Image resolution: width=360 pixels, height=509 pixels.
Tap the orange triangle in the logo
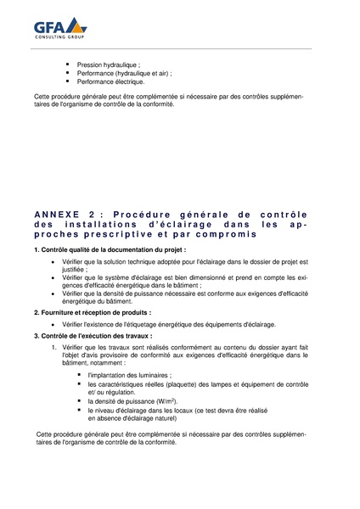pyautogui.click(x=77, y=25)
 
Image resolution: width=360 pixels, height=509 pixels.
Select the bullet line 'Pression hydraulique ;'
pyautogui.click(x=109, y=64)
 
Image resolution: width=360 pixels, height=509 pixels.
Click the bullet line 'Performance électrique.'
pyautogui.click(x=110, y=82)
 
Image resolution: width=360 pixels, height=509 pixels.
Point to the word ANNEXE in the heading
pyautogui.click(x=59, y=214)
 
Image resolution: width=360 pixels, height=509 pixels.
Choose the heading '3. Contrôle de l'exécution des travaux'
pyautogui.click(x=93, y=336)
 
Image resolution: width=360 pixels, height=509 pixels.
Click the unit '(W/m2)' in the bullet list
pyautogui.click(x=164, y=401)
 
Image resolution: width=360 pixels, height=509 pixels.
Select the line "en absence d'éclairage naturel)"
pyautogui.click(x=133, y=419)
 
